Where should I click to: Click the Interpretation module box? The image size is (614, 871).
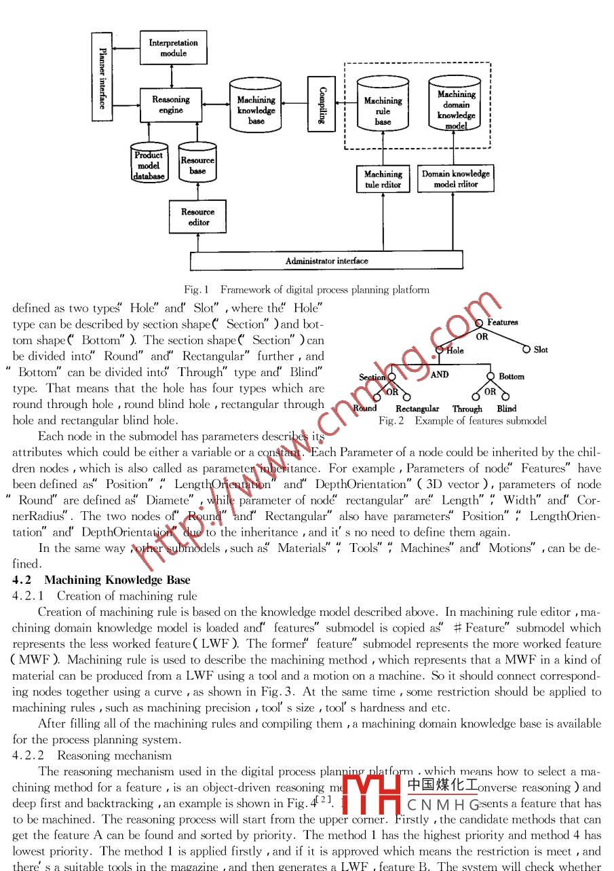tap(173, 48)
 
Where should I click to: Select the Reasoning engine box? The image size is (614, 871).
tap(171, 105)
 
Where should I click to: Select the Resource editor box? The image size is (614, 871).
tap(197, 217)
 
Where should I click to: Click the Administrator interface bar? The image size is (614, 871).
tap(326, 260)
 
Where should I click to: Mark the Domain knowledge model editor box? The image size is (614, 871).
tap(455, 179)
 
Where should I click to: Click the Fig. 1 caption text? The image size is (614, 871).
tap(307, 290)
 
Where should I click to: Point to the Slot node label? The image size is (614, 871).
tap(541, 350)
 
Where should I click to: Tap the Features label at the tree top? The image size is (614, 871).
tap(502, 322)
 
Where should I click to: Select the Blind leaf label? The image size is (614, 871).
tap(506, 409)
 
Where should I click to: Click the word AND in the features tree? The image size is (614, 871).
tap(440, 374)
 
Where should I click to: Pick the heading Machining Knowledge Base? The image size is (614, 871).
tap(117, 580)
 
